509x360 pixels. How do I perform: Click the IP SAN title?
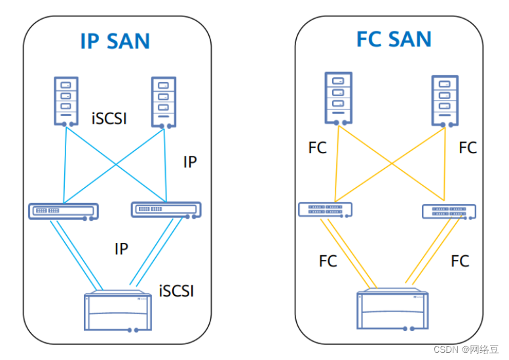point(115,41)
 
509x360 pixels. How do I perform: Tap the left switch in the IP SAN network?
point(64,211)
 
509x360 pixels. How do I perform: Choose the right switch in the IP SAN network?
point(166,209)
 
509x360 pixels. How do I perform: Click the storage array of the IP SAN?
point(115,313)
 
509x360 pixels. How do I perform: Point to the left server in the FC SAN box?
point(337,99)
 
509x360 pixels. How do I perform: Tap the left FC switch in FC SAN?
point(325,209)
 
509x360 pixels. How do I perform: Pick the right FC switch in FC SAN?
point(449,211)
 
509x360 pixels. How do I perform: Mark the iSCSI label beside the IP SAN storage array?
point(176,291)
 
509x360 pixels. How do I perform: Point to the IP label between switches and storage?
point(121,249)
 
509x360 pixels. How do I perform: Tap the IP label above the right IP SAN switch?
point(189,162)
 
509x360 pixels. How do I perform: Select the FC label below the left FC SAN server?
point(317,149)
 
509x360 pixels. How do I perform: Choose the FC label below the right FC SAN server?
point(468,148)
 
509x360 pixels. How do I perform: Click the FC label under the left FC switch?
point(328,261)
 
